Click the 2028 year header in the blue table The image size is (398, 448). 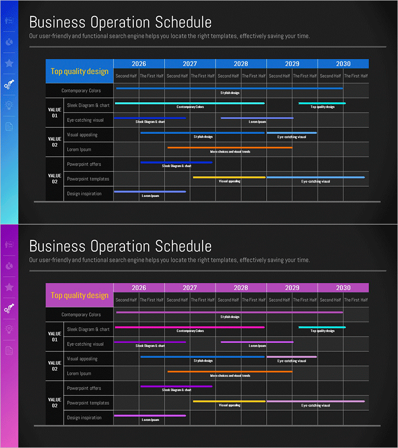(x=241, y=64)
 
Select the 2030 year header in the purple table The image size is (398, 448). (x=343, y=288)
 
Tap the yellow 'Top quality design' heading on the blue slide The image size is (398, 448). (x=80, y=71)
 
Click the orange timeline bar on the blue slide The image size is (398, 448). (x=230, y=147)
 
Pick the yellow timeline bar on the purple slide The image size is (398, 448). (x=229, y=401)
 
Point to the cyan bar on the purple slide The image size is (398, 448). (x=322, y=327)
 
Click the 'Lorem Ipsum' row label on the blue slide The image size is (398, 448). (x=79, y=149)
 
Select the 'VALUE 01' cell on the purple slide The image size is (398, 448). (x=55, y=336)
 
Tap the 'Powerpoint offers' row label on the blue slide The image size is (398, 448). (x=84, y=164)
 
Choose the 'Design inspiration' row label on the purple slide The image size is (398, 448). (x=84, y=418)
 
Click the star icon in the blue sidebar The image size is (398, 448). (x=9, y=63)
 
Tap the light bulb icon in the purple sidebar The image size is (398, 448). (x=9, y=329)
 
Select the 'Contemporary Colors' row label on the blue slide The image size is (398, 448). (x=81, y=91)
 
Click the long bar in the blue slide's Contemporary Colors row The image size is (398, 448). (x=229, y=88)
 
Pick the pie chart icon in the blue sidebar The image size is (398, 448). (x=9, y=42)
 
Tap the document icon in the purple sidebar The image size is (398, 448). (x=9, y=350)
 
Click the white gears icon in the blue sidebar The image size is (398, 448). (x=9, y=84)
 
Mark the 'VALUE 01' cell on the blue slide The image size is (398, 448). (x=55, y=112)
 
